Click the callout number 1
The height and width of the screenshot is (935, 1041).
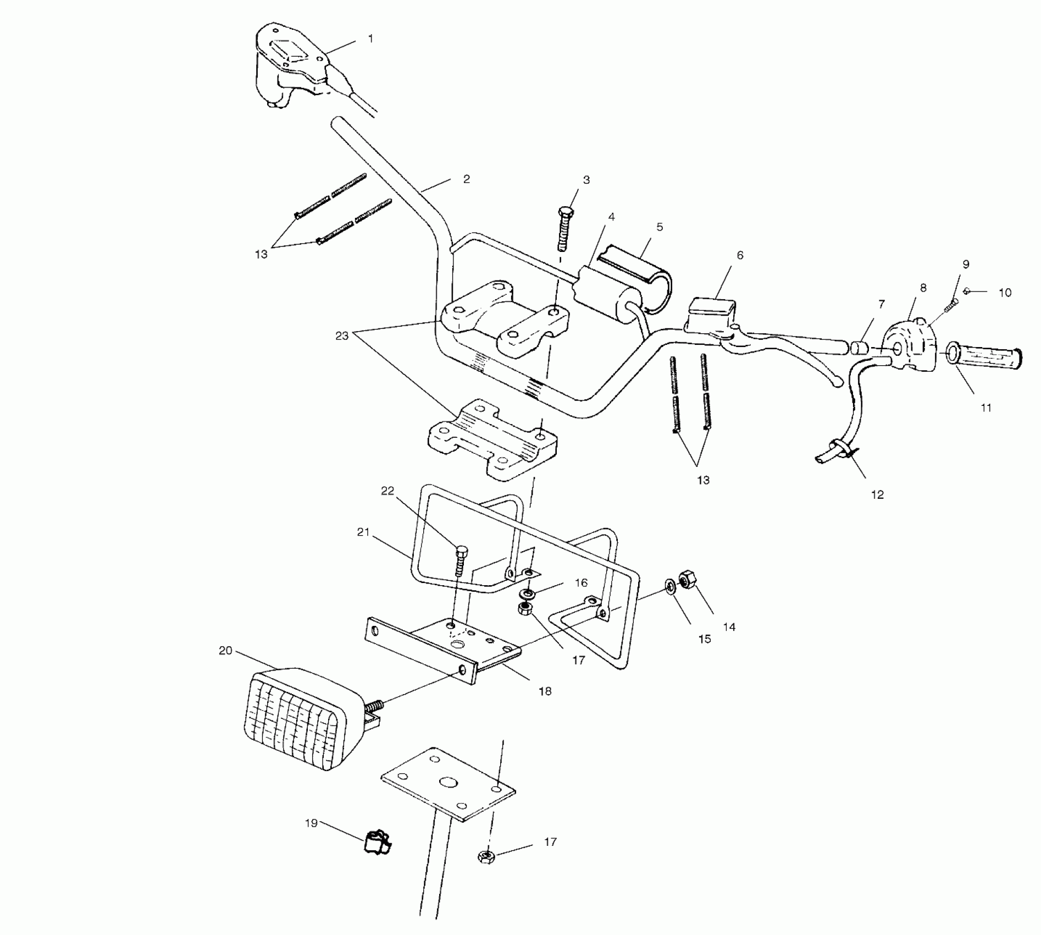click(x=370, y=38)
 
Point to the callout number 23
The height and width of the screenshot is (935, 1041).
click(x=342, y=335)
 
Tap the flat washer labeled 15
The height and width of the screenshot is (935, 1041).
click(x=670, y=587)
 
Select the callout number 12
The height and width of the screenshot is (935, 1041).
click(x=877, y=494)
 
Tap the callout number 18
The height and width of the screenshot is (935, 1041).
click(x=545, y=691)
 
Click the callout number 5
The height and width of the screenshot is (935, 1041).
click(x=660, y=227)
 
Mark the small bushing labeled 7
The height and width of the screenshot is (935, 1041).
click(x=857, y=348)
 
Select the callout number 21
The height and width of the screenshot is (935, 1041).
click(x=363, y=532)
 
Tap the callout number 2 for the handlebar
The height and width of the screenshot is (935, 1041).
click(x=467, y=179)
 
